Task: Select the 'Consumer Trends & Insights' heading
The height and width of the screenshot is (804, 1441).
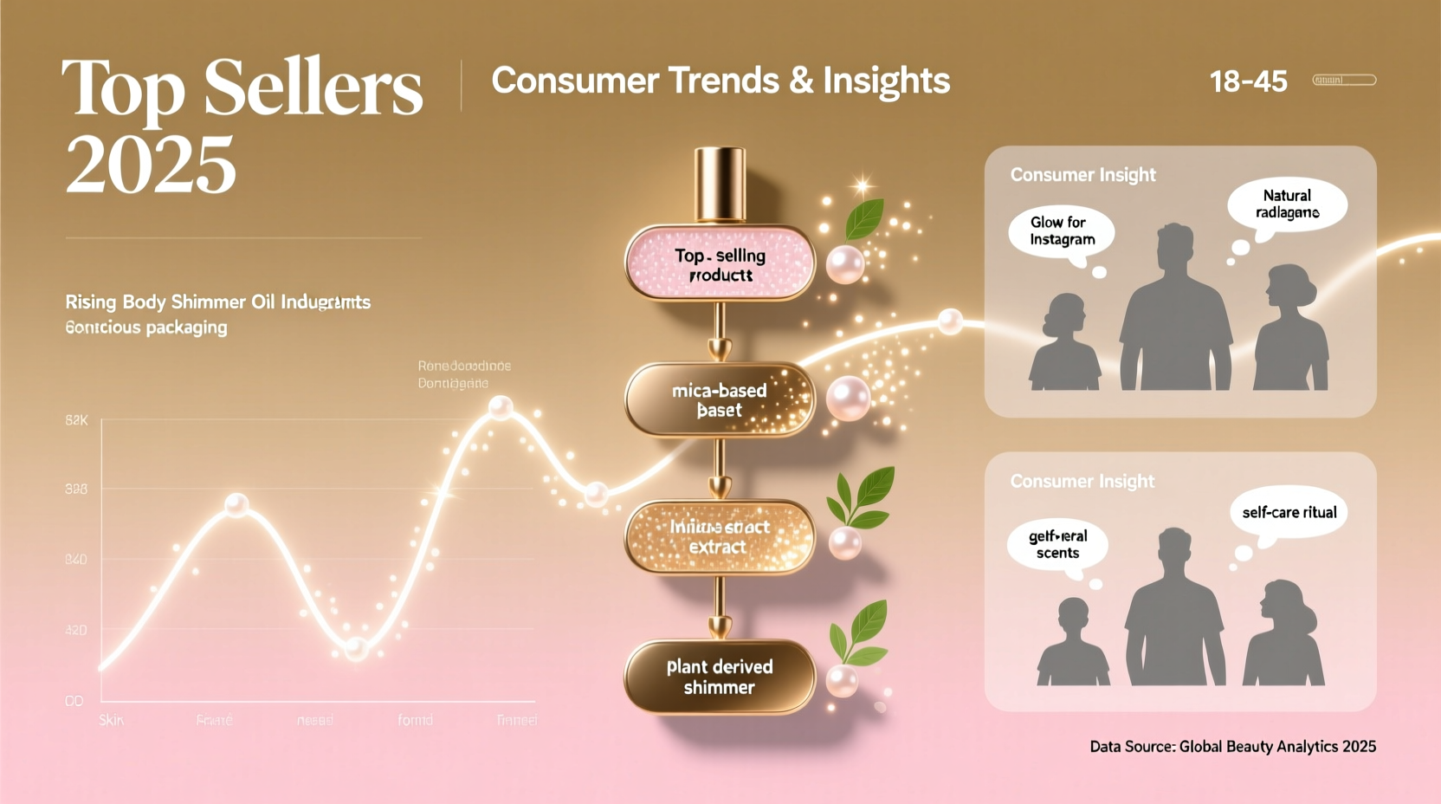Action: point(720,81)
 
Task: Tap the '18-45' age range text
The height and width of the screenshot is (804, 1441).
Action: point(1248,81)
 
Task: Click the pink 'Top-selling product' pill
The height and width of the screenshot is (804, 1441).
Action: point(720,264)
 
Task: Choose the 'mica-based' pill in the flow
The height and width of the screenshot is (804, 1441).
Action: point(720,399)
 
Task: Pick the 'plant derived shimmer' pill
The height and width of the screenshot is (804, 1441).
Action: point(720,677)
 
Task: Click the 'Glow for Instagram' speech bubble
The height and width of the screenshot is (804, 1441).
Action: point(1062,231)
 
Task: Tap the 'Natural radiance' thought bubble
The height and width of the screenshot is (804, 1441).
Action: point(1287,204)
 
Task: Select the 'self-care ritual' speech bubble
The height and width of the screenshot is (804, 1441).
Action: point(1289,512)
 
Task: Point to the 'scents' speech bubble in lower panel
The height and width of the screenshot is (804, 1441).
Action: point(1057,544)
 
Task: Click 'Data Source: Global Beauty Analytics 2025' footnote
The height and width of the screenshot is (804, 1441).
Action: point(1232,746)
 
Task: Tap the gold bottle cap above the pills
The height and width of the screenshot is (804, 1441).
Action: point(720,184)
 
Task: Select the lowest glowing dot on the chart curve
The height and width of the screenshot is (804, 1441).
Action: point(355,648)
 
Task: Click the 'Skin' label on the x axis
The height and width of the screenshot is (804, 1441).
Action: point(111,720)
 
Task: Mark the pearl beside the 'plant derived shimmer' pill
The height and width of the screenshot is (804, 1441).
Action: point(842,680)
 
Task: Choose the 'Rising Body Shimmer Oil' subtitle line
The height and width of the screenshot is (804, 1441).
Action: point(217,302)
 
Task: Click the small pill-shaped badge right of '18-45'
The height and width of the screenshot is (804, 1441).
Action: point(1344,81)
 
